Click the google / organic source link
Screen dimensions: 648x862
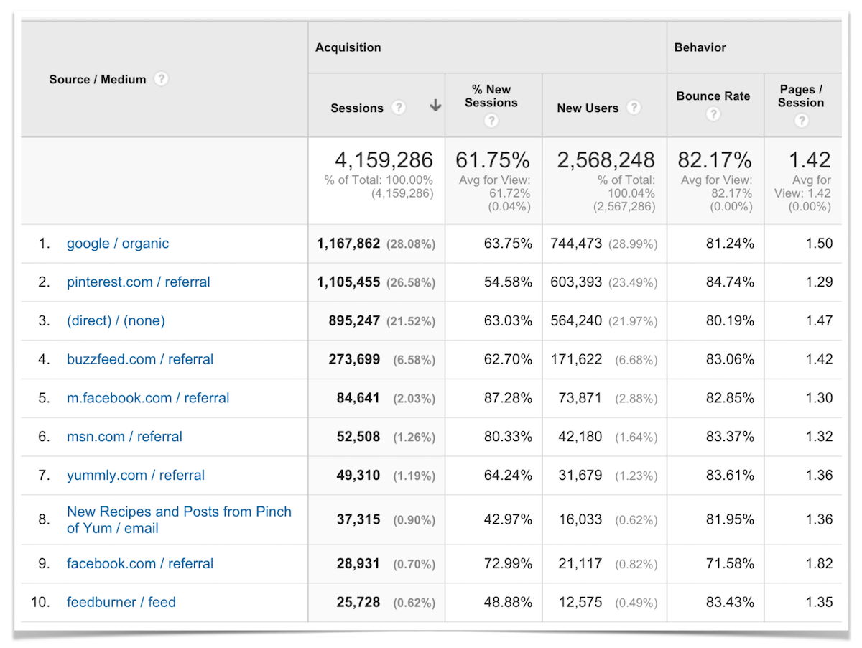118,244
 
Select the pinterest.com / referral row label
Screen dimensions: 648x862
139,282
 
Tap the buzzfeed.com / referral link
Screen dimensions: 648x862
140,359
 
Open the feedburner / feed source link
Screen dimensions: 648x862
121,602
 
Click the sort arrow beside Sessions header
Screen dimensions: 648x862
435,106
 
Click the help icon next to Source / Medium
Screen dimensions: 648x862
162,79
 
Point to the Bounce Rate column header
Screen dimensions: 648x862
713,96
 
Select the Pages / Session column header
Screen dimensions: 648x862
801,96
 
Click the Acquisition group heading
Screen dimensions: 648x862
348,47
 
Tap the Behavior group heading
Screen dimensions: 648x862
700,47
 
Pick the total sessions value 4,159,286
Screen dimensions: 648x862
384,159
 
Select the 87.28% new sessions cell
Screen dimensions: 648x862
508,398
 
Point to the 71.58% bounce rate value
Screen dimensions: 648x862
730,564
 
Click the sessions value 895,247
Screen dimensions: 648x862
348,321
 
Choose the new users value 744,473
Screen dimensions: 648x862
576,244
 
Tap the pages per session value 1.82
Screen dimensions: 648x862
819,564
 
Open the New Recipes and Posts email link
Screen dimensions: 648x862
179,519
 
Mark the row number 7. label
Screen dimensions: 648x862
45,476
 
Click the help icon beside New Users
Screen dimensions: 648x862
633,108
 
